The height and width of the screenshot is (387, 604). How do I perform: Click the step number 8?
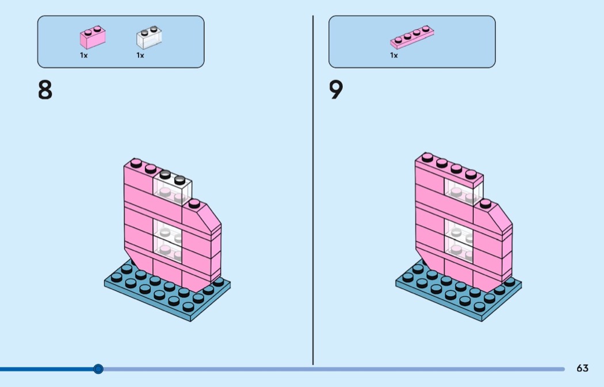click(45, 90)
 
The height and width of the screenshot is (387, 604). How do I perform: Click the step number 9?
click(336, 90)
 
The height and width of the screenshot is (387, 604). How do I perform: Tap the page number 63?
click(582, 368)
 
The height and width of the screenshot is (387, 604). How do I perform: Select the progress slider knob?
click(98, 369)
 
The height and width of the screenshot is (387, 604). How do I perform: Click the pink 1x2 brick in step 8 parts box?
click(93, 37)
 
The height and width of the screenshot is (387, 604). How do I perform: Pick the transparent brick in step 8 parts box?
click(149, 37)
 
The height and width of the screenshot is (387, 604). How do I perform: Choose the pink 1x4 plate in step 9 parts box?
click(412, 37)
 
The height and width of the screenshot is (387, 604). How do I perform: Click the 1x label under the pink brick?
click(83, 55)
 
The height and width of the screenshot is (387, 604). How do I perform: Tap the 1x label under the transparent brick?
click(140, 55)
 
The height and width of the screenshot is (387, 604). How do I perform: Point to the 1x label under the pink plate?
click(393, 55)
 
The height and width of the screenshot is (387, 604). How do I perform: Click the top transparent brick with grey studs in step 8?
click(172, 187)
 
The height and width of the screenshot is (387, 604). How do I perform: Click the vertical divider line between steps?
click(313, 190)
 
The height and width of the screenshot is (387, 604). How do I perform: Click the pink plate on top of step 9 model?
click(449, 170)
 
